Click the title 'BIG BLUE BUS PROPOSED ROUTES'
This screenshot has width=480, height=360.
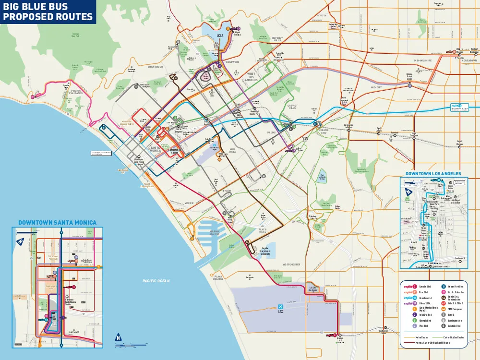pos(48,12)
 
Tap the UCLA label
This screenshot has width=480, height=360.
pos(220,36)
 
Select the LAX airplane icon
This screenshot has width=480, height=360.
pos(280,306)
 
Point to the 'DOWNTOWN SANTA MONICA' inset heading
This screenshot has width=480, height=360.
pos(57,223)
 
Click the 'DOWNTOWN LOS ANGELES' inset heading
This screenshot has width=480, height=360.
pos(433,173)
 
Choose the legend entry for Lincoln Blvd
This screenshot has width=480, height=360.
pos(425,287)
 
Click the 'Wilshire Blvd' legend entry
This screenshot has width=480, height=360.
pos(426,315)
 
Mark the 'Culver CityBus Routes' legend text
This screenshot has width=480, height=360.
pos(454,337)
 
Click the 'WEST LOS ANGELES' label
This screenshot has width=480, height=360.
pos(251,77)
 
